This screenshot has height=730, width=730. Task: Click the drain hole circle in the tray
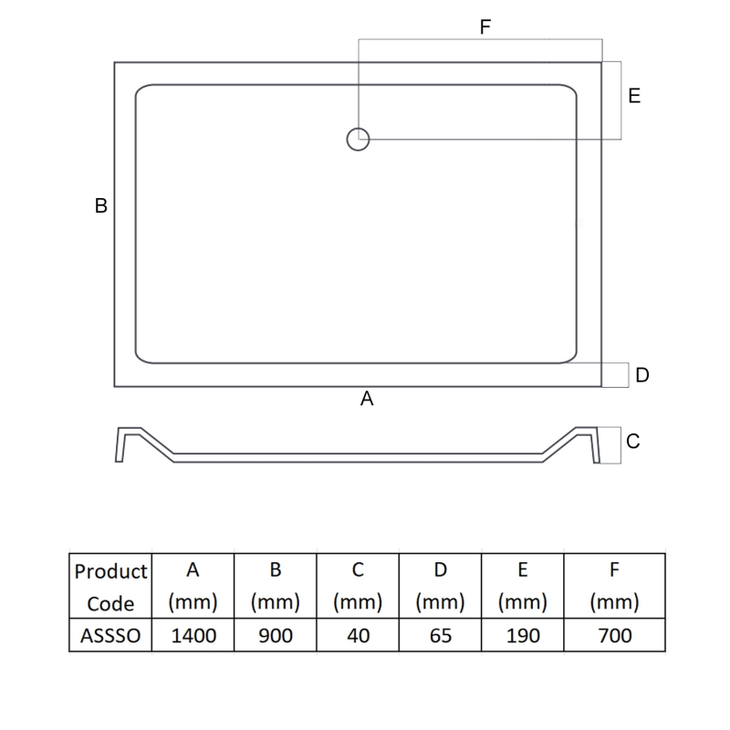click(358, 139)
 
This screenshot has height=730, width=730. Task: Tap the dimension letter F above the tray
click(485, 27)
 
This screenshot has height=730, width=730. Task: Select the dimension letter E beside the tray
click(634, 96)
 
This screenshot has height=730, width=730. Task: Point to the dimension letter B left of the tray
click(101, 206)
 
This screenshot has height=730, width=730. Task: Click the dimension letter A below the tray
click(368, 399)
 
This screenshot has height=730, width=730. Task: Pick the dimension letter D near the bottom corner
click(642, 375)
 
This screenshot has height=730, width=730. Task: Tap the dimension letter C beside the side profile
click(633, 442)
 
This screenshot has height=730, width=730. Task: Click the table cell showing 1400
click(193, 635)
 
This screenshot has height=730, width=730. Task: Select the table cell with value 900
click(276, 635)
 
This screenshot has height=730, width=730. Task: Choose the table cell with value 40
click(359, 635)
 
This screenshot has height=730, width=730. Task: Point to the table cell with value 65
click(441, 635)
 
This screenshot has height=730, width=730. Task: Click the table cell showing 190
click(523, 635)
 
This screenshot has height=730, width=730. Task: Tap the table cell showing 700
click(614, 635)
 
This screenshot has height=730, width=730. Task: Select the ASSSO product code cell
click(110, 635)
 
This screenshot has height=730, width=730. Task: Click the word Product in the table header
click(110, 572)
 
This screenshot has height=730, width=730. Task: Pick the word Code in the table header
click(110, 603)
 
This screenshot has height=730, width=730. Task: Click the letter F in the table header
click(614, 570)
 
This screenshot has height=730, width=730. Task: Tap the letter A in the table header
click(193, 570)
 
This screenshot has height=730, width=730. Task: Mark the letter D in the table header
click(441, 570)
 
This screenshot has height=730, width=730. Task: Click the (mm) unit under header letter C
click(359, 603)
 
